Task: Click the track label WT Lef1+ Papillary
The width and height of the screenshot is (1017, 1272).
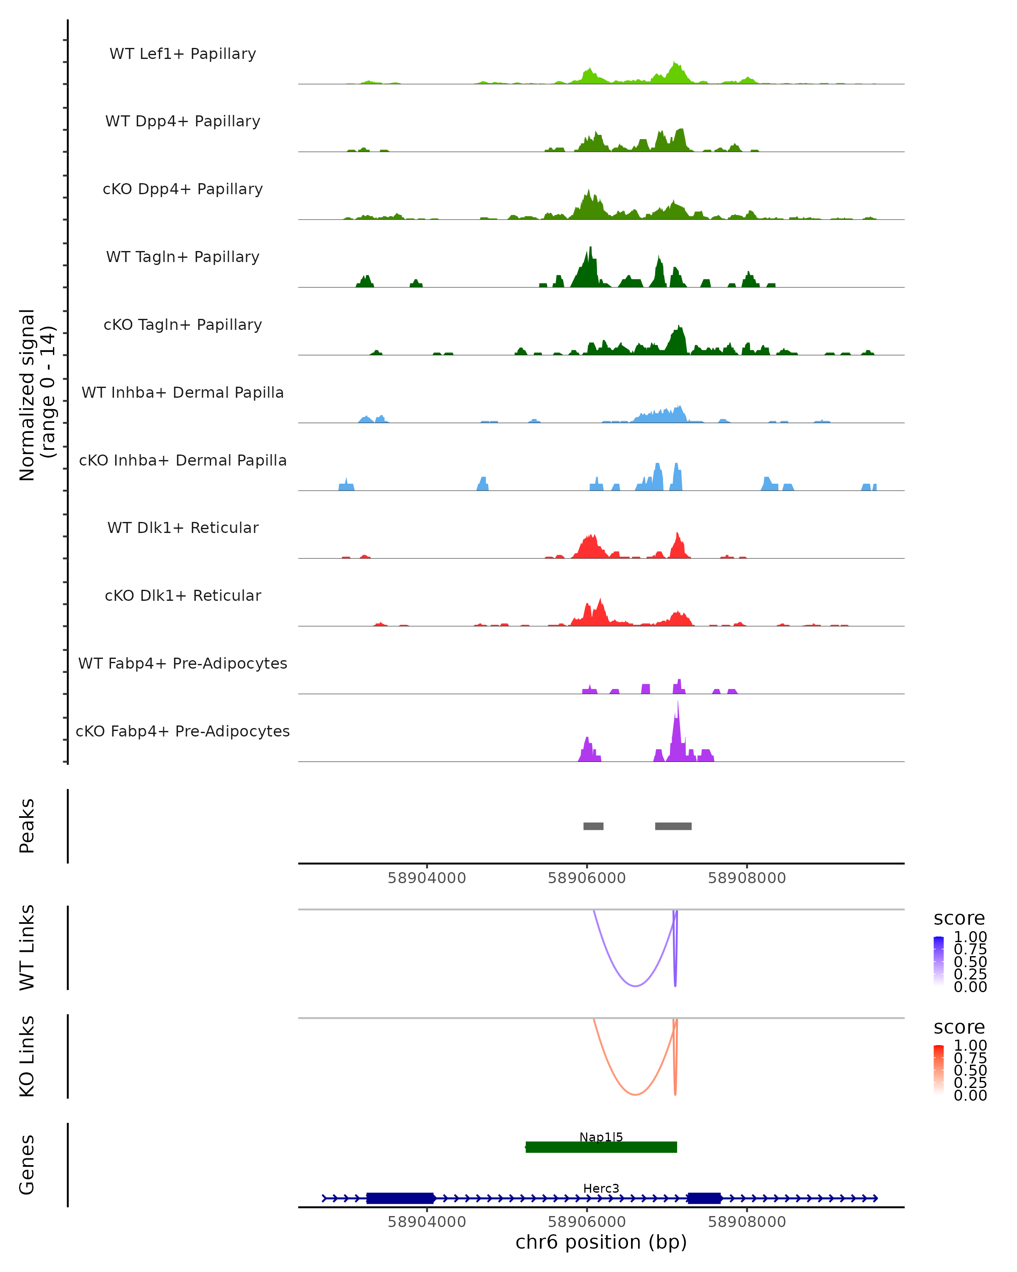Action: [x=183, y=54]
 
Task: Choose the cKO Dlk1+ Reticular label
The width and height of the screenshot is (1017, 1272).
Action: [x=183, y=595]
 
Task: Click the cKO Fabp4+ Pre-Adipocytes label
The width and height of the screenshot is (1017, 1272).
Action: [x=183, y=731]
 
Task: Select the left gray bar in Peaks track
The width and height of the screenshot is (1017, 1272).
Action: [x=593, y=826]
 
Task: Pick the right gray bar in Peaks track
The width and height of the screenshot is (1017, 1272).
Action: [x=673, y=826]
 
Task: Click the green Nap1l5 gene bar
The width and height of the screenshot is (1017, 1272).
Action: [x=601, y=1147]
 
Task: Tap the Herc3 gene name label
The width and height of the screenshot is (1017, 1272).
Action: [x=601, y=1188]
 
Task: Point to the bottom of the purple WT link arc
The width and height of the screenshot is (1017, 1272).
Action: [x=635, y=985]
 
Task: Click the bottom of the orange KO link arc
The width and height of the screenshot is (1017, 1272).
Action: [x=635, y=1094]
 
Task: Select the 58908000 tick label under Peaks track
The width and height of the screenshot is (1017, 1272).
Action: [x=747, y=878]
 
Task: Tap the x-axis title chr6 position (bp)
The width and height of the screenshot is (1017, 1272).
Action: [x=601, y=1242]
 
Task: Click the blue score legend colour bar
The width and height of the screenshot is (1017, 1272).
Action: [x=939, y=960]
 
